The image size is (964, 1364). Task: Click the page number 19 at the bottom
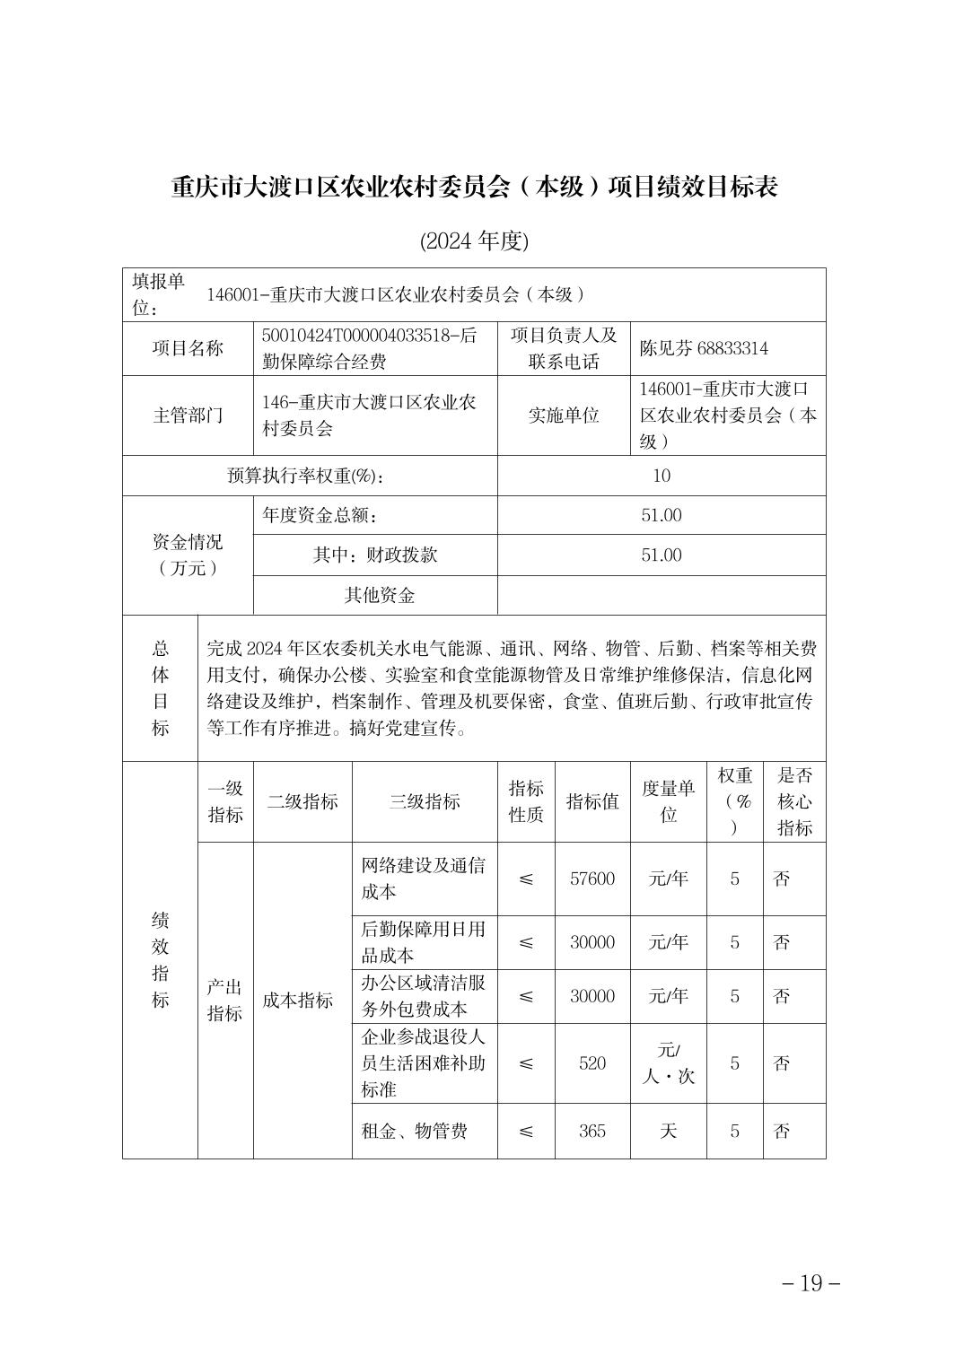(x=811, y=1282)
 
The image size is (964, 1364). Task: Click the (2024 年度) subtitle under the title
(x=475, y=240)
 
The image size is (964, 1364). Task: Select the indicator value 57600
(x=592, y=879)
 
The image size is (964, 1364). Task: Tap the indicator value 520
(x=592, y=1063)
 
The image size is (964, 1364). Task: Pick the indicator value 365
(x=592, y=1131)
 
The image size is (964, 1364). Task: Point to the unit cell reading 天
(x=668, y=1131)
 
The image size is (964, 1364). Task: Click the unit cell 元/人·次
(x=668, y=1063)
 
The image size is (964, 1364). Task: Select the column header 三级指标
(x=425, y=801)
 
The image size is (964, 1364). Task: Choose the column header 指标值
(x=592, y=801)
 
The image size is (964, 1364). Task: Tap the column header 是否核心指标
(x=794, y=801)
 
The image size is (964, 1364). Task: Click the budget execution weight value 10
(x=662, y=476)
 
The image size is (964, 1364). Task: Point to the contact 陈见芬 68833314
(x=704, y=348)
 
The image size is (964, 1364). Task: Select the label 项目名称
(x=188, y=348)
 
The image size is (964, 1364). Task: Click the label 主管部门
(x=188, y=415)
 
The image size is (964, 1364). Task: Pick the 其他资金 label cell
(x=380, y=595)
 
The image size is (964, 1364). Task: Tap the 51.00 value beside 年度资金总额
(x=662, y=515)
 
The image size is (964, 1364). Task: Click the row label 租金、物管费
(x=414, y=1131)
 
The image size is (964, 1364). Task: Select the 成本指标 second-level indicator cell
(x=298, y=1001)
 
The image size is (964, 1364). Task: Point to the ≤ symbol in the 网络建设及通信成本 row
(x=526, y=879)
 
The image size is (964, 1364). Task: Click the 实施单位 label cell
(x=564, y=415)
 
